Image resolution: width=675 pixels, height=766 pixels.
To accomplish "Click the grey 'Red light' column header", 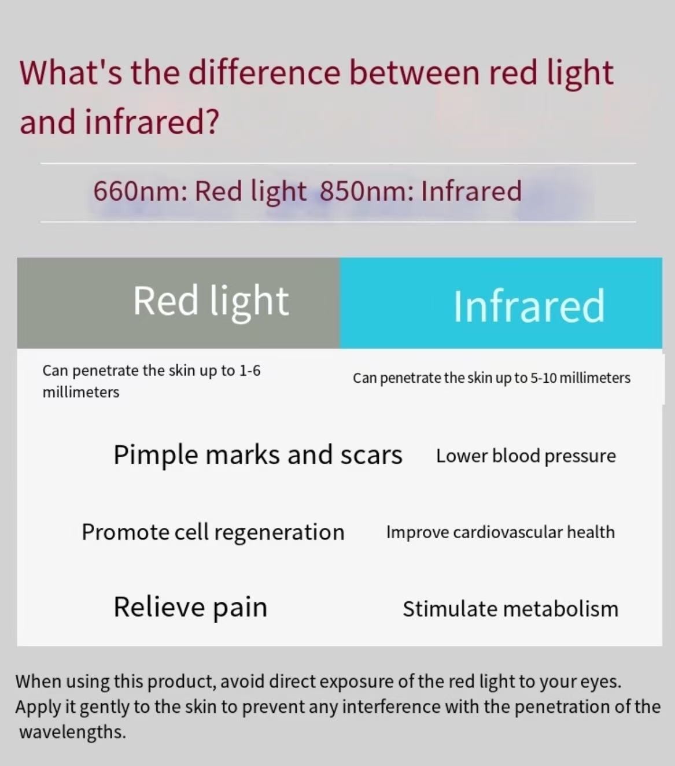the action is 179,303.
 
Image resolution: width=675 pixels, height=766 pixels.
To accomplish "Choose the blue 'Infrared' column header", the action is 501,303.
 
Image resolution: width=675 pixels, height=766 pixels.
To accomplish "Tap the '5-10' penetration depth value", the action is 543,378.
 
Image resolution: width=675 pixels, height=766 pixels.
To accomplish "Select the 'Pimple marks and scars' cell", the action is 257,455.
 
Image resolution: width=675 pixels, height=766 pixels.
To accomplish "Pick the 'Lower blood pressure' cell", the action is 526,456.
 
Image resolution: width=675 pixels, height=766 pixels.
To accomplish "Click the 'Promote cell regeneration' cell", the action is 213,532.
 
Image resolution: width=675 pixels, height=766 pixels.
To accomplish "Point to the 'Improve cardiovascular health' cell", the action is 500,532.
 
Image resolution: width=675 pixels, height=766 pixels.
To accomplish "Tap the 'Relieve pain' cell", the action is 190,608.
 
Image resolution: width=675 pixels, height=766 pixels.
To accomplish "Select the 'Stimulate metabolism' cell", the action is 510,609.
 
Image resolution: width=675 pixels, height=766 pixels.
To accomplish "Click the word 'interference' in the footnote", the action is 391,706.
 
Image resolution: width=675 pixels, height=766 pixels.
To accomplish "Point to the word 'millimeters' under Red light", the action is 81,393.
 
